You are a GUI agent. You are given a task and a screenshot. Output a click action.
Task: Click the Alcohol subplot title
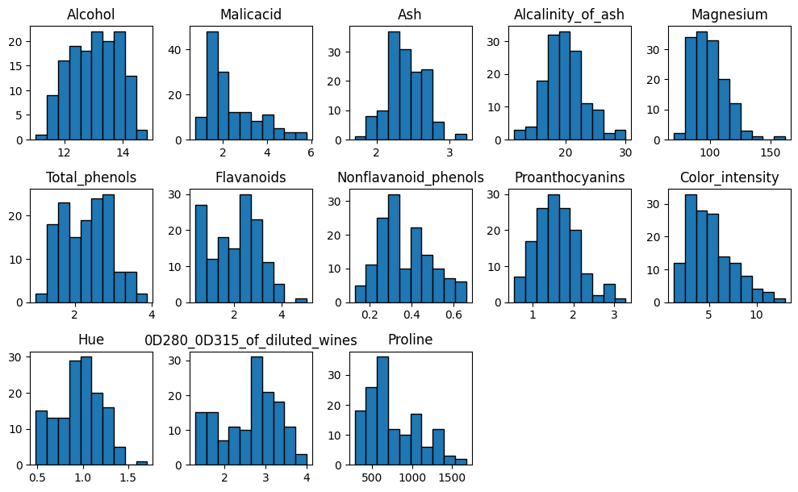(90, 15)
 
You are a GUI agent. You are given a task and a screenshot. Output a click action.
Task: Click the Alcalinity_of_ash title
(569, 15)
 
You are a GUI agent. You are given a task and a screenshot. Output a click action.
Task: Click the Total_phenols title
(90, 177)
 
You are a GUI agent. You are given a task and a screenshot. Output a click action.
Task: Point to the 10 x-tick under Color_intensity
(756, 314)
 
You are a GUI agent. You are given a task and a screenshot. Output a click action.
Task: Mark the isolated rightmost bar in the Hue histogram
(142, 463)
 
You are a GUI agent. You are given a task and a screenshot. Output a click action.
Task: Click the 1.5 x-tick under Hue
(127, 477)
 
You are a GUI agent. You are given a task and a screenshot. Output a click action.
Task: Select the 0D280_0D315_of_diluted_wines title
(250, 340)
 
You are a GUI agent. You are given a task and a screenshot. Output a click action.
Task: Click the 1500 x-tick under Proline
(453, 477)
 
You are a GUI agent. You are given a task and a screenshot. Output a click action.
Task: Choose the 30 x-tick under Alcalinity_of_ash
(624, 151)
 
